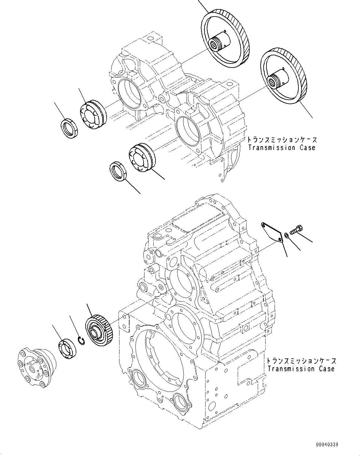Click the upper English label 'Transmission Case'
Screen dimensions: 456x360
point(282,148)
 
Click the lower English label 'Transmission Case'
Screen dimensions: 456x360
point(301,369)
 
